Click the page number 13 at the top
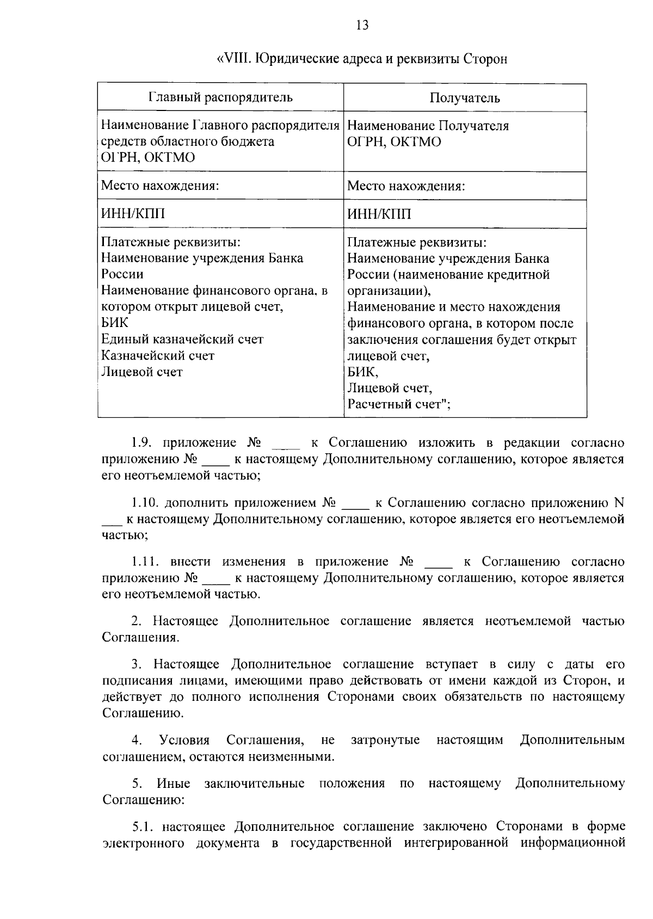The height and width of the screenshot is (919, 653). pyautogui.click(x=362, y=25)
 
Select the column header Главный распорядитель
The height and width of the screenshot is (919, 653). pyautogui.click(x=220, y=97)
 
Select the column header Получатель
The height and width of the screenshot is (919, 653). pyautogui.click(x=465, y=98)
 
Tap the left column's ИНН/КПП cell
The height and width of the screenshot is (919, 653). pyautogui.click(x=133, y=214)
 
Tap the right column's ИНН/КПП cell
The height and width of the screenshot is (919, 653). pyautogui.click(x=379, y=214)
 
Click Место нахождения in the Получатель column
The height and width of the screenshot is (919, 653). pyautogui.click(x=406, y=187)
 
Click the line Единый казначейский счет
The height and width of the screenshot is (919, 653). pyautogui.click(x=182, y=340)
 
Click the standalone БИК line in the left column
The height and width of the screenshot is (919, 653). pyautogui.click(x=115, y=323)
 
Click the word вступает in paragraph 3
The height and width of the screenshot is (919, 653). pyautogui.click(x=452, y=664)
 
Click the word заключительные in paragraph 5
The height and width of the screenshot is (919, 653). pyautogui.click(x=254, y=784)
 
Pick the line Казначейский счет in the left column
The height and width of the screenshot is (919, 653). pyautogui.click(x=158, y=356)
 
